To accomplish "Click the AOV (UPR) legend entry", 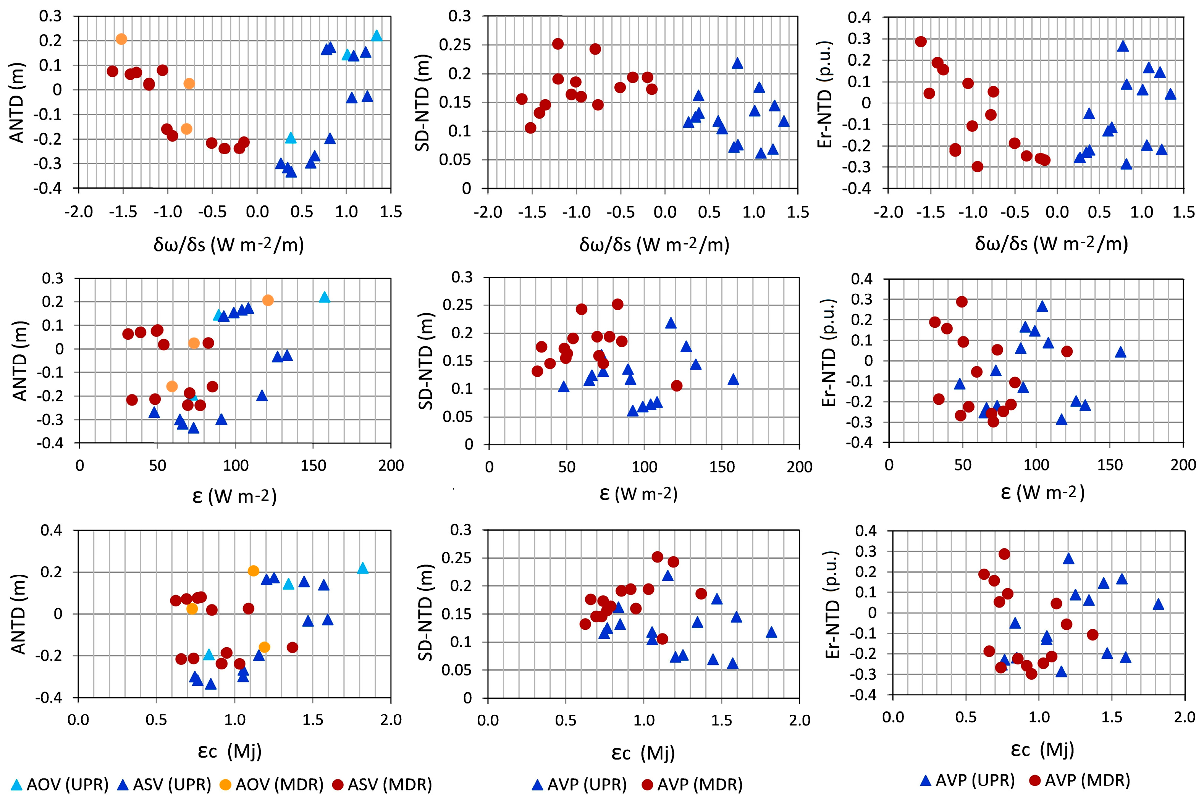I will (x=61, y=784).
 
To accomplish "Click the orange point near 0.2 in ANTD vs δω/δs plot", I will (x=121, y=39).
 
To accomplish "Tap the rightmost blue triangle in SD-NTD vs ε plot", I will (x=733, y=380).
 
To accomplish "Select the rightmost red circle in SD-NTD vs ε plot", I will (x=677, y=386).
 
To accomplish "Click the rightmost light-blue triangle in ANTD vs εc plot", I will (x=363, y=568).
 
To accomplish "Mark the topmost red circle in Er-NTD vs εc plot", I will (x=1004, y=554).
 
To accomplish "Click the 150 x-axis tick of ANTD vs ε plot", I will (x=313, y=465).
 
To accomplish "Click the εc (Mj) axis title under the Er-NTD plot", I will (x=1042, y=749).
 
